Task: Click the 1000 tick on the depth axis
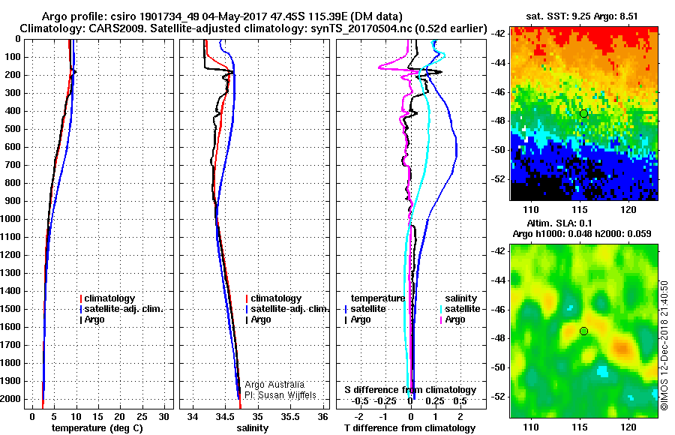coord(13,219)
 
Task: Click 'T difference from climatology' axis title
coord(409,428)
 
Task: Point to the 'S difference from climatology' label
coord(409,390)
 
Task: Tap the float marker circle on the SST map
coord(583,113)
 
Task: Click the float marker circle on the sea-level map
coord(583,331)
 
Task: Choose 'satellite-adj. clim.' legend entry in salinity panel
coord(287,309)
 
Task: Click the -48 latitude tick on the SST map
coord(498,121)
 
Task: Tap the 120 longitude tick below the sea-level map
coord(629,425)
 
